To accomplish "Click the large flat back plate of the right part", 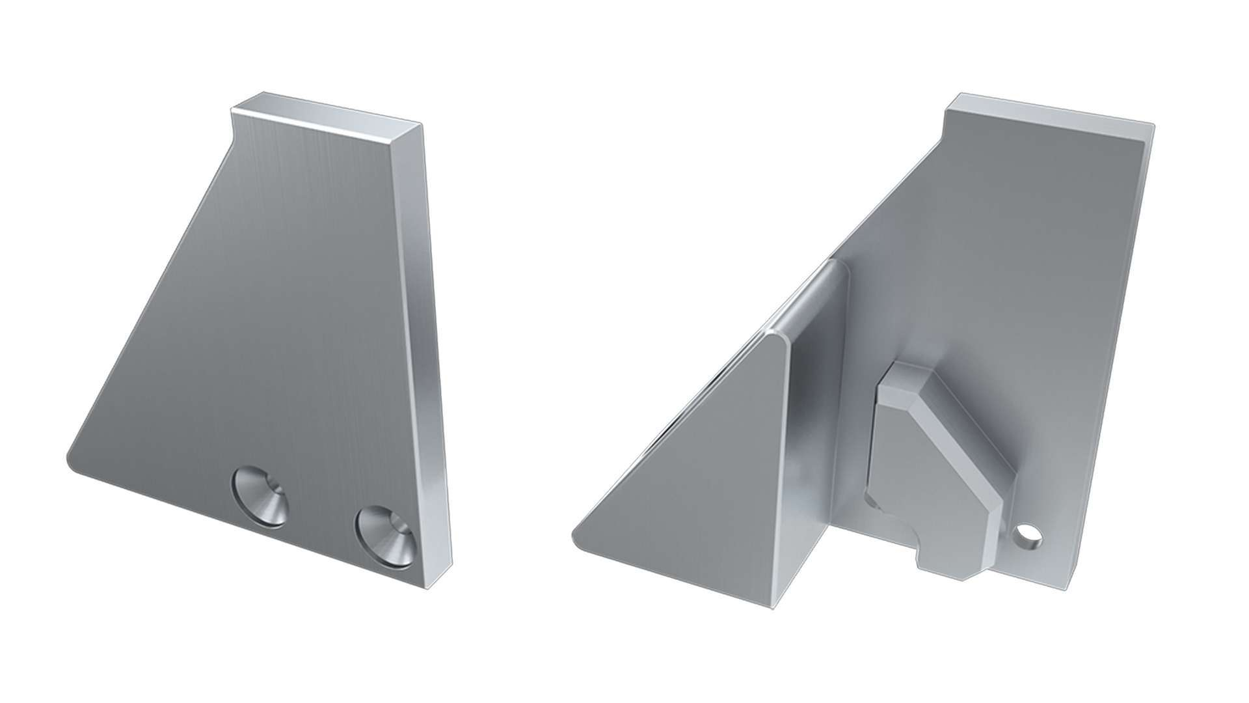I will point(1041,293).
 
